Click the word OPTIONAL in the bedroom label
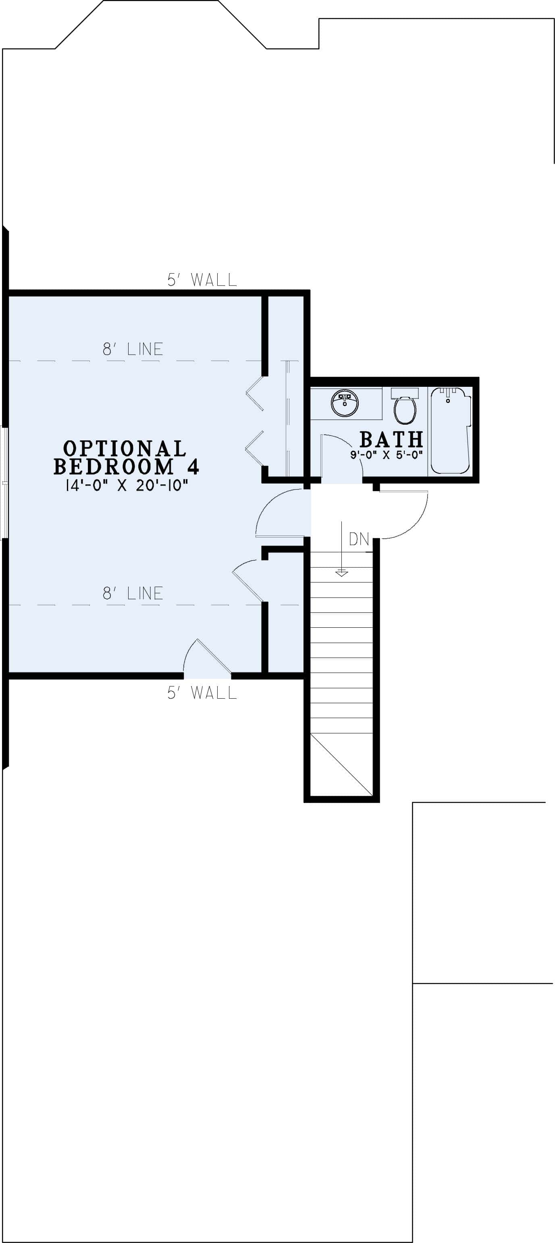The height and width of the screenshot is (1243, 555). pyautogui.click(x=125, y=448)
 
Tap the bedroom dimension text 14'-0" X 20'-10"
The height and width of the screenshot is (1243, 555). pyautogui.click(x=127, y=485)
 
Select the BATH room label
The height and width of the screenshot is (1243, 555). pyautogui.click(x=391, y=440)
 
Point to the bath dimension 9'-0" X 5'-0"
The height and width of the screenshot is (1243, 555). pyautogui.click(x=387, y=454)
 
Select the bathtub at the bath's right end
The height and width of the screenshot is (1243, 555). pyautogui.click(x=450, y=430)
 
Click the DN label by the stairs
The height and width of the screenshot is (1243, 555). pyautogui.click(x=359, y=539)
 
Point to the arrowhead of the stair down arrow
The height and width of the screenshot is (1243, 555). pyautogui.click(x=342, y=573)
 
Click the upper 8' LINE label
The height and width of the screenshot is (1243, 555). pyautogui.click(x=133, y=349)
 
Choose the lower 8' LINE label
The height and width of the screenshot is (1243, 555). pyautogui.click(x=133, y=593)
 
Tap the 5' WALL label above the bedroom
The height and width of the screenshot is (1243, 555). pyautogui.click(x=202, y=279)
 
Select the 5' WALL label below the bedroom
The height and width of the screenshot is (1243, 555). pyautogui.click(x=202, y=693)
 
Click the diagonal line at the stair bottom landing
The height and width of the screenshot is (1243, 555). pyautogui.click(x=341, y=765)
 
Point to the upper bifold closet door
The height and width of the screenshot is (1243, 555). pyautogui.click(x=255, y=393)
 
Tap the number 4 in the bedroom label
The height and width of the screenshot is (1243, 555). pyautogui.click(x=193, y=467)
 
